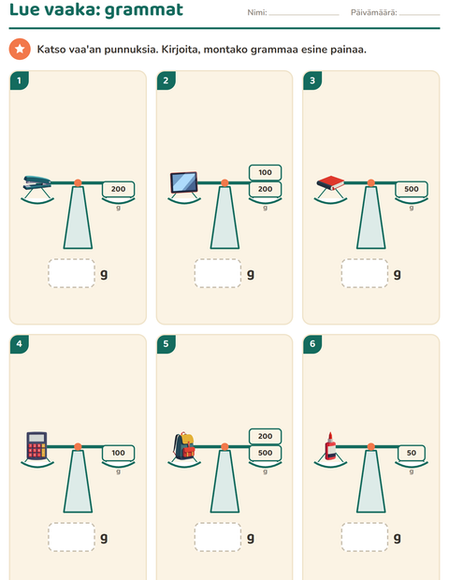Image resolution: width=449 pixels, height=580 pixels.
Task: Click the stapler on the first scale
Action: click(x=37, y=182)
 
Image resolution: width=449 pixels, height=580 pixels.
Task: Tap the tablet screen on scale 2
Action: click(x=184, y=182)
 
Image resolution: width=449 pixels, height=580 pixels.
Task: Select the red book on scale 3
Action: click(x=330, y=182)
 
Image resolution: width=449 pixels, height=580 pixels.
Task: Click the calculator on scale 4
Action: click(x=37, y=445)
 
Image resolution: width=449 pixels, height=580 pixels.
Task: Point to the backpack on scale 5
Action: click(x=184, y=445)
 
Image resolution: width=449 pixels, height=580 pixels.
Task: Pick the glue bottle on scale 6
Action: click(x=330, y=445)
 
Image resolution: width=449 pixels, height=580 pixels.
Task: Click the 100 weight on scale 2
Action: click(x=265, y=172)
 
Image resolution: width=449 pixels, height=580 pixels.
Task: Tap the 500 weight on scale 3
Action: click(x=412, y=189)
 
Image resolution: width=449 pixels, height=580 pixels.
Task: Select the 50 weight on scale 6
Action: click(x=412, y=453)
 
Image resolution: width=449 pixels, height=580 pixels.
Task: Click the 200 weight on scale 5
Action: click(x=265, y=436)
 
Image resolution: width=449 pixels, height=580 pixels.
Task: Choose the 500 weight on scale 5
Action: click(x=265, y=453)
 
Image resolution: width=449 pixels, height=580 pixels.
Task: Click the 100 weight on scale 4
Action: click(x=119, y=453)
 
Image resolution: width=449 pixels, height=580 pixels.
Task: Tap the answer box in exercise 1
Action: click(x=71, y=273)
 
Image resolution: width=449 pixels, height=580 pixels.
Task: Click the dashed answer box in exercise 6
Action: click(x=365, y=537)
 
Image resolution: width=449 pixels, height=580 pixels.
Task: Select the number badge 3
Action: click(x=312, y=80)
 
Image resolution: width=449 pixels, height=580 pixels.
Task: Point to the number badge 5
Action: click(x=167, y=344)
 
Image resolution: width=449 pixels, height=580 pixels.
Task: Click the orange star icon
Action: click(x=20, y=49)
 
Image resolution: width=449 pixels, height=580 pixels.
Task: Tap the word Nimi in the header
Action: click(x=257, y=12)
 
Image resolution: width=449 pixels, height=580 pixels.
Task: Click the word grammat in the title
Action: click(x=144, y=10)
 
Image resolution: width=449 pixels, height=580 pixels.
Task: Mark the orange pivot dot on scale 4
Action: click(x=78, y=447)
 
